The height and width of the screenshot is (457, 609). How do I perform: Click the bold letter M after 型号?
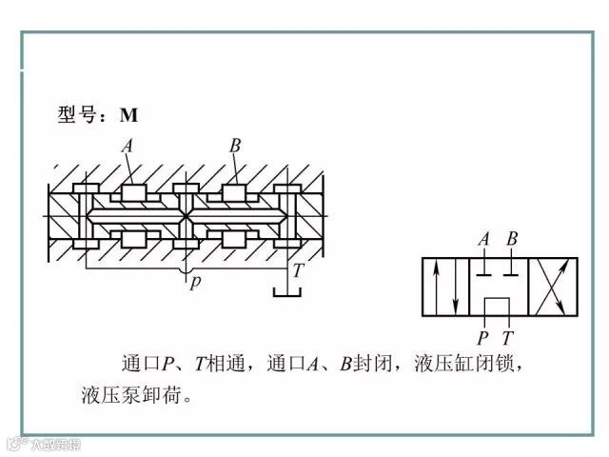(x=128, y=115)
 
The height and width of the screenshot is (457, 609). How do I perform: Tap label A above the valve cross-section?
(x=128, y=147)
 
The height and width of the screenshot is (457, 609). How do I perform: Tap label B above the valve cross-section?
(x=234, y=147)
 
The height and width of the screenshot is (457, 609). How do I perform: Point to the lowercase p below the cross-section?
(x=194, y=283)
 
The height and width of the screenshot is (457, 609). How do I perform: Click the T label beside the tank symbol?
(x=297, y=270)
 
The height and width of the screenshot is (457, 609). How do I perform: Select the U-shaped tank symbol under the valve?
(x=286, y=291)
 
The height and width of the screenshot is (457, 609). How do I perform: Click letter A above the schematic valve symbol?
(x=483, y=239)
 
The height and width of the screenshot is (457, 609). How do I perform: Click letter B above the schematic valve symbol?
(x=512, y=239)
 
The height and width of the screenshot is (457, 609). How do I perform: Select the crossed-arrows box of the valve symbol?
(x=551, y=287)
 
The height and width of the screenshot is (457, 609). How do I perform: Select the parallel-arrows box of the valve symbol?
(x=446, y=287)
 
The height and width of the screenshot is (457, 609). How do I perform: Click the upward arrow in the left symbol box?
(x=436, y=287)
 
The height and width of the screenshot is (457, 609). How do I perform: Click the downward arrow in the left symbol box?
(x=456, y=287)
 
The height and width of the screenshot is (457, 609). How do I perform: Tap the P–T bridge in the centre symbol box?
(x=497, y=301)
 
